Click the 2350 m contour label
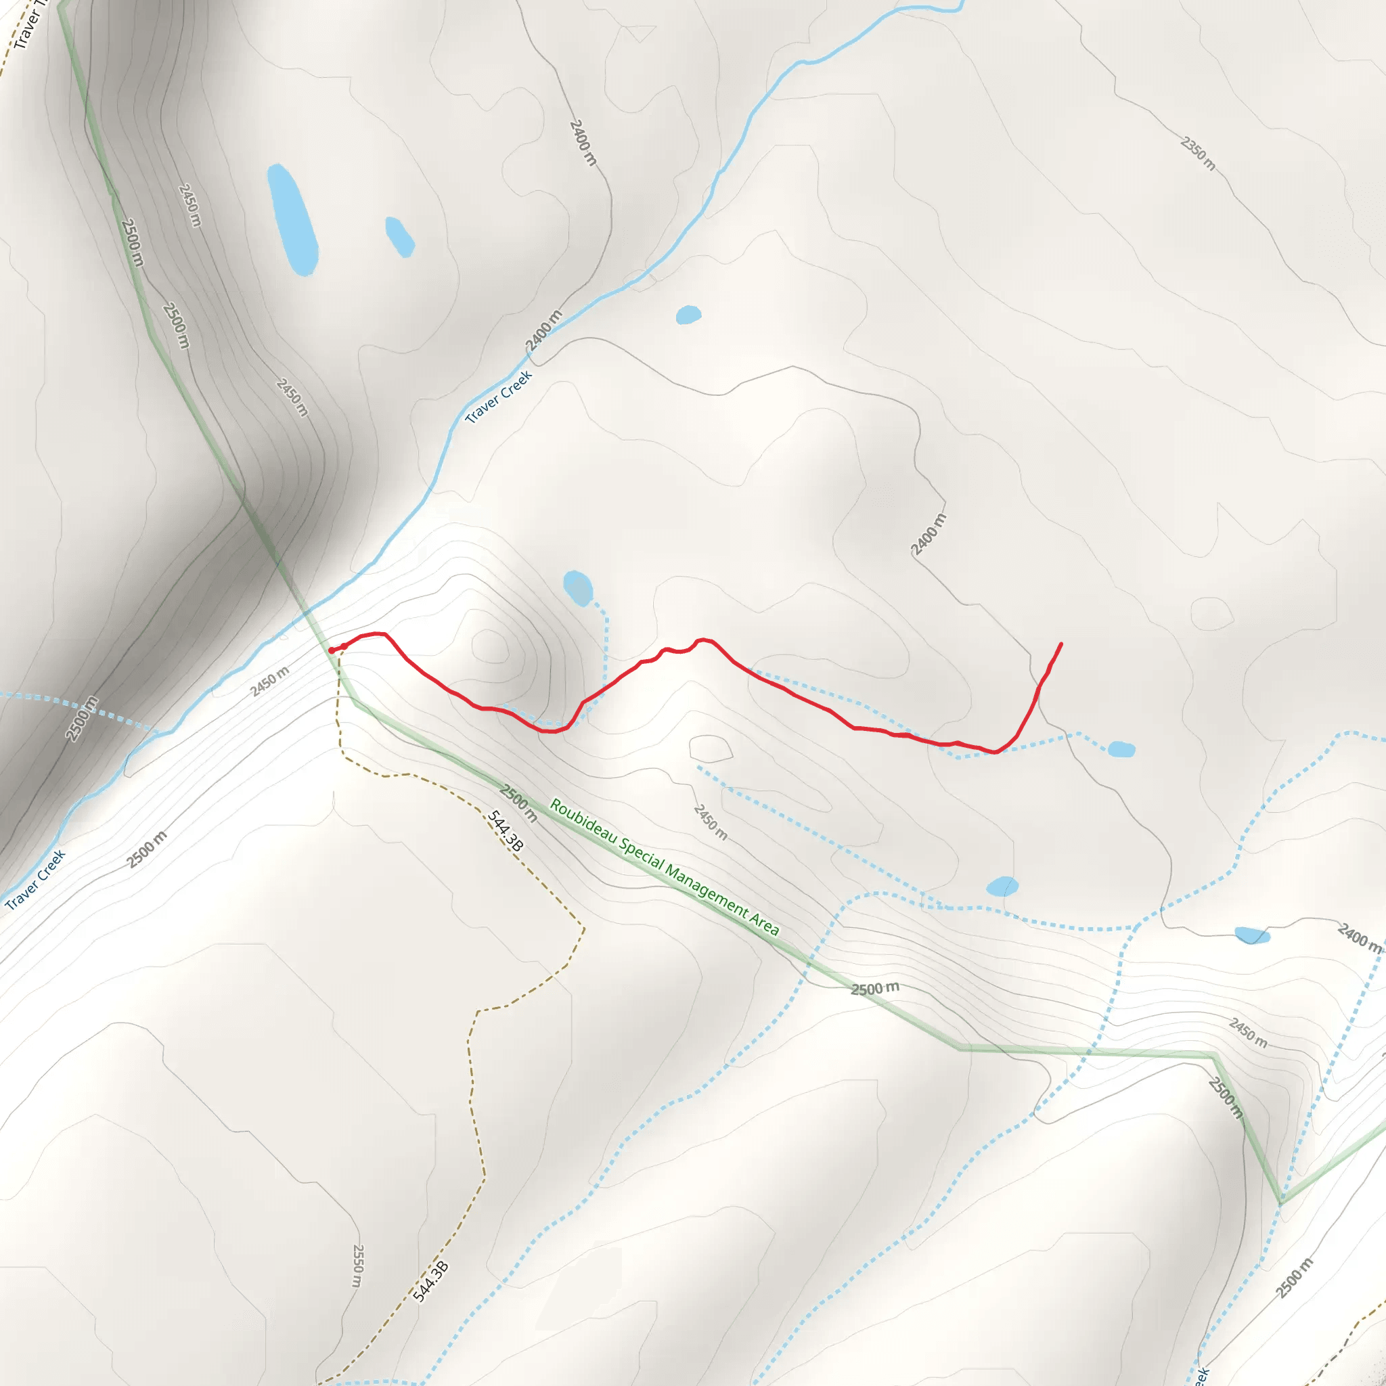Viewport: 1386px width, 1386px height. (x=1197, y=154)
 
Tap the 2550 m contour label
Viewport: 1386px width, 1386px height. (x=358, y=1266)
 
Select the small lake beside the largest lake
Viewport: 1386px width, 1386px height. (x=399, y=236)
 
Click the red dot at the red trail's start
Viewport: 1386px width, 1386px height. (x=332, y=650)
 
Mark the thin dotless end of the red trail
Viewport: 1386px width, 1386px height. (x=1061, y=644)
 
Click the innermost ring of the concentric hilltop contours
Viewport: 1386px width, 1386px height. (x=491, y=646)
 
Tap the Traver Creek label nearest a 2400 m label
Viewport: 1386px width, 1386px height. (x=499, y=397)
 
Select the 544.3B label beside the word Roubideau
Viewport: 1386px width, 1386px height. (x=505, y=831)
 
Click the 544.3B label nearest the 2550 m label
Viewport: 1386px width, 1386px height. (x=430, y=1281)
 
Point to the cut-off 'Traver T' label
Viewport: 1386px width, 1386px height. (x=28, y=25)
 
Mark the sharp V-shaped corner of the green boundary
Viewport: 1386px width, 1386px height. (x=1281, y=1201)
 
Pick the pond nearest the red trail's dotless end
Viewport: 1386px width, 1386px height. (x=1121, y=750)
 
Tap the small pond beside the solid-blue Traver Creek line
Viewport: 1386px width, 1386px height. (x=688, y=315)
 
